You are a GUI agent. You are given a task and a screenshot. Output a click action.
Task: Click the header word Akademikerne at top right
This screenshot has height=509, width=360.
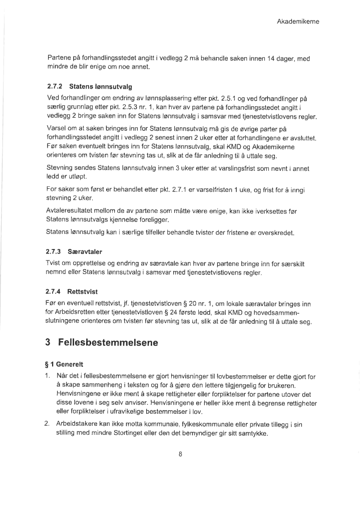(298, 22)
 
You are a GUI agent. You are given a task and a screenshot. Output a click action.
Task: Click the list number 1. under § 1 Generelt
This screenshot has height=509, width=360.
(48, 376)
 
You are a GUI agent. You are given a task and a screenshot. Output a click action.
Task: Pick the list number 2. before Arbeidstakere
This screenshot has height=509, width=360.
(48, 424)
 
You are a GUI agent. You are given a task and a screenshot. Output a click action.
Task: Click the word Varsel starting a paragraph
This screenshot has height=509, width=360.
(56, 129)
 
